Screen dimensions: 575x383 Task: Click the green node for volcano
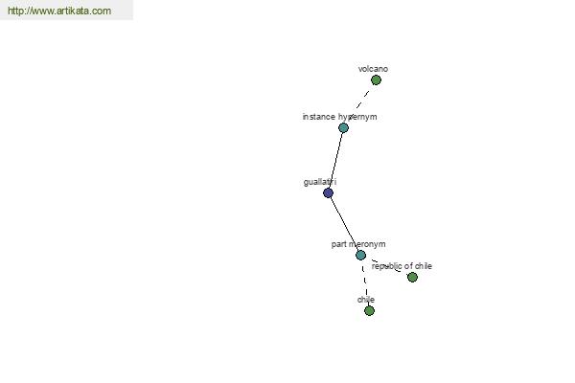click(376, 79)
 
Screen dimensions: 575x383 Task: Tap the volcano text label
click(373, 69)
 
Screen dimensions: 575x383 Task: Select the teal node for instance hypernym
click(343, 127)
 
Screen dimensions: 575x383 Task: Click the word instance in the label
click(319, 117)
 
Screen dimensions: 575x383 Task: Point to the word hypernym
click(357, 117)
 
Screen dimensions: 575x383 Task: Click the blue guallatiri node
click(328, 192)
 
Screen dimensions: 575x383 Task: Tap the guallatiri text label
click(320, 182)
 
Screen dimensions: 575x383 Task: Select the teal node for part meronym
click(361, 255)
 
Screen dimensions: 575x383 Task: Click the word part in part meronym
click(338, 244)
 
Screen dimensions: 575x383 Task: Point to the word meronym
click(367, 244)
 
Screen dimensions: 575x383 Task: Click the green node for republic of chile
click(412, 277)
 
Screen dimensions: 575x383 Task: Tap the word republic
click(386, 266)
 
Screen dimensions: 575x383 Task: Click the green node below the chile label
click(369, 311)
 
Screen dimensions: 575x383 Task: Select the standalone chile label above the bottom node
click(366, 300)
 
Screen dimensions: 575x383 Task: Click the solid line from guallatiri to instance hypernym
click(335, 160)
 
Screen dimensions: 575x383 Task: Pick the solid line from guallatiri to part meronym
click(344, 224)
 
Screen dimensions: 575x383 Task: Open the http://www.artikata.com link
click(59, 11)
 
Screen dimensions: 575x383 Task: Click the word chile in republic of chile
click(424, 266)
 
